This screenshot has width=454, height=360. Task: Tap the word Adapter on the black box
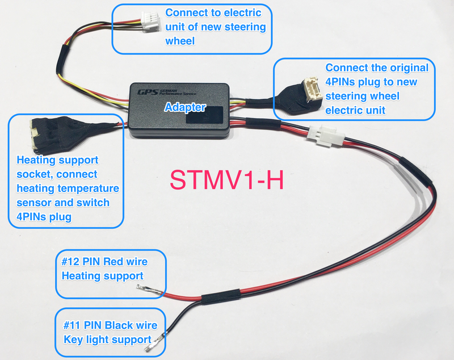pos(185,107)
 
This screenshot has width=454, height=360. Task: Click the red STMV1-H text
pos(226,181)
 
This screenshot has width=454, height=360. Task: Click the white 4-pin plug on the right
pos(305,91)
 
